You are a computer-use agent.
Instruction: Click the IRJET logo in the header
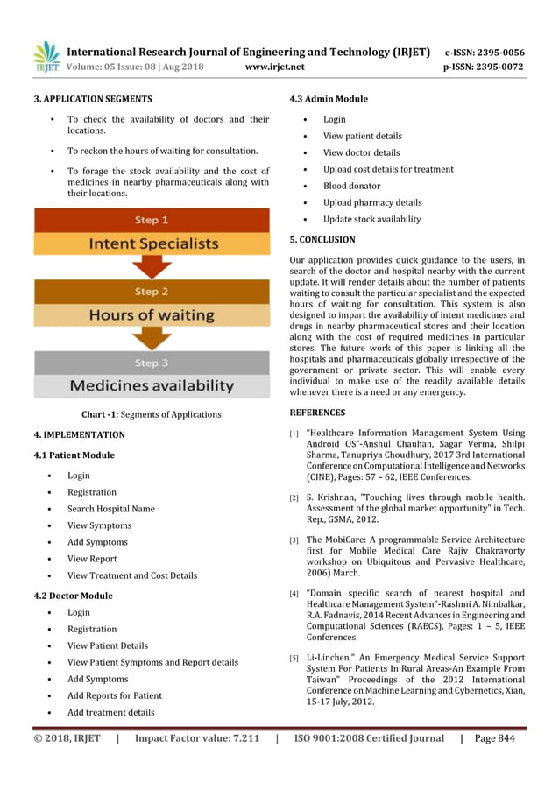click(x=46, y=57)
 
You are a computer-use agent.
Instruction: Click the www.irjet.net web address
click(x=275, y=67)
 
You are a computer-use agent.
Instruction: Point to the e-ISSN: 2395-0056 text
click(x=485, y=52)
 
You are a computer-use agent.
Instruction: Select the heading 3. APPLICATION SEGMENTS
click(x=93, y=99)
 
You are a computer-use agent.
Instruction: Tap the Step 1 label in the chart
click(x=152, y=219)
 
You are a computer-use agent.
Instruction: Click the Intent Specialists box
click(x=152, y=243)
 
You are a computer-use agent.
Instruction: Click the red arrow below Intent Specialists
click(x=152, y=265)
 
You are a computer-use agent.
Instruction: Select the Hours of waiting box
click(x=152, y=314)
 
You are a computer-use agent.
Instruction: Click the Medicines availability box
click(x=152, y=385)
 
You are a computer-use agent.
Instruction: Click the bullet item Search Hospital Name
click(x=110, y=509)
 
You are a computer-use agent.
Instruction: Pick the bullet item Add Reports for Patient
click(x=114, y=695)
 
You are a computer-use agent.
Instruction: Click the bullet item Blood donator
click(x=351, y=186)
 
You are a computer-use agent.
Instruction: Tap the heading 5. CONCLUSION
click(x=322, y=239)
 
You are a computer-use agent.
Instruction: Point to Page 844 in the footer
click(x=494, y=738)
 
